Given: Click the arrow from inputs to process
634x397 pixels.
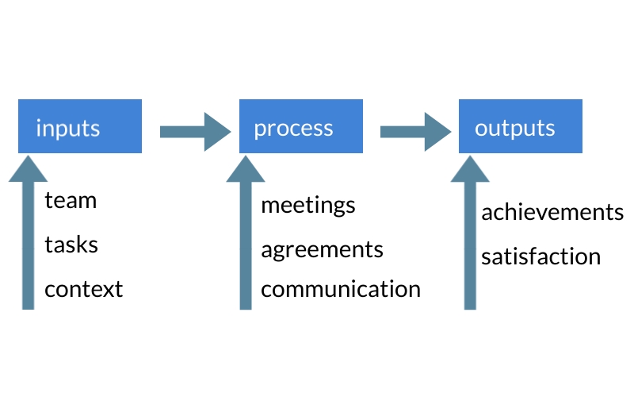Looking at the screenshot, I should point(190,131).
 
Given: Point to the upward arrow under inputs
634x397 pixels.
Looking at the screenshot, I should point(28,238).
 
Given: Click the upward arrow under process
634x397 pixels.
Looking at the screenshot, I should point(246,238).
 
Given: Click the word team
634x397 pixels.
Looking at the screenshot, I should point(71,201).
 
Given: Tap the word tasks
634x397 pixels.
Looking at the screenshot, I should point(71,245).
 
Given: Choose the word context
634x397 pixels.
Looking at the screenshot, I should point(84,289).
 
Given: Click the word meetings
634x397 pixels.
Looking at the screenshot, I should point(308,206).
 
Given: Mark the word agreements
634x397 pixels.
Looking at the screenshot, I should point(322,250).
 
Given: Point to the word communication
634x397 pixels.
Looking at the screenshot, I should point(341,289).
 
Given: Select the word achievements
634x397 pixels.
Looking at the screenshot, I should point(552,213).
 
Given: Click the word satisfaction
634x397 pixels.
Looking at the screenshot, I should point(540,257).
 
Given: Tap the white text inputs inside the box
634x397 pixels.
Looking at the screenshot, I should point(68,128).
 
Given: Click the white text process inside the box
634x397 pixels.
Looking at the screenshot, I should point(293,129).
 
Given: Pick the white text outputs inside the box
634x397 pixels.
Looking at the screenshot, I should point(515,128).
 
